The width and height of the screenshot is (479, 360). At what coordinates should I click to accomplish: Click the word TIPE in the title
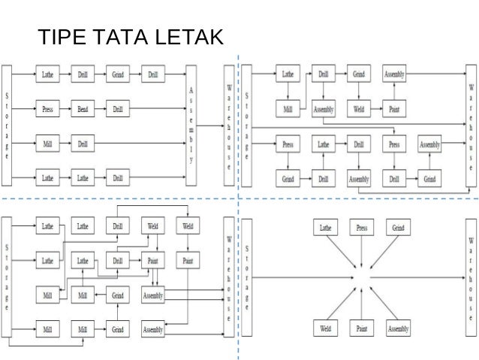point(59,36)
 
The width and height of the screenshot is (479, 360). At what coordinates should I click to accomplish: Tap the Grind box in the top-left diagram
point(118,75)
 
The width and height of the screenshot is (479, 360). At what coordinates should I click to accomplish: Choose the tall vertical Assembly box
point(194,125)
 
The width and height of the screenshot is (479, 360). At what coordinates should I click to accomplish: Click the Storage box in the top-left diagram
point(8,125)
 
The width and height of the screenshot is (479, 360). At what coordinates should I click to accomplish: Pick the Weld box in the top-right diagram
point(359,109)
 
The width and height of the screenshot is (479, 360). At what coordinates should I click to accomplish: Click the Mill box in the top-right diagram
point(288,109)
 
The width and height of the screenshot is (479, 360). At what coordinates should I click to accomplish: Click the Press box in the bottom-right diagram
point(361,227)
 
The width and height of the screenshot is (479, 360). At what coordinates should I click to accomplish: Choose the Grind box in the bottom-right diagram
point(397,227)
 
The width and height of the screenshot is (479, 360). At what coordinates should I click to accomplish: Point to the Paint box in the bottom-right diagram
point(361,328)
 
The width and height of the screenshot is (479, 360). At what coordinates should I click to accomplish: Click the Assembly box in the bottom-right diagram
point(398,328)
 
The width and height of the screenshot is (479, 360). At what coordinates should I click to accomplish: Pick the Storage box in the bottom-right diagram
point(247,278)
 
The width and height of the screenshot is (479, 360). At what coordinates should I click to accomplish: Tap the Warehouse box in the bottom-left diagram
point(227,278)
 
